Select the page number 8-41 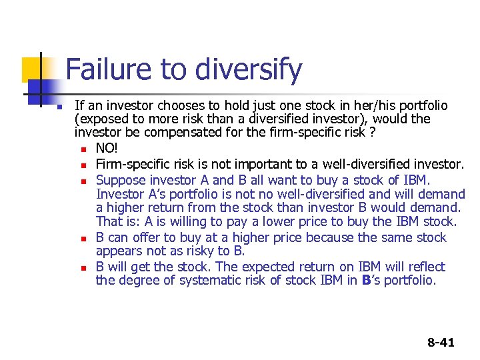tap(441, 343)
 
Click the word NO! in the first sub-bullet tap(109, 149)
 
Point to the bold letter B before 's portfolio tap(366, 281)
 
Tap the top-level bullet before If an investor tap(59, 107)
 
